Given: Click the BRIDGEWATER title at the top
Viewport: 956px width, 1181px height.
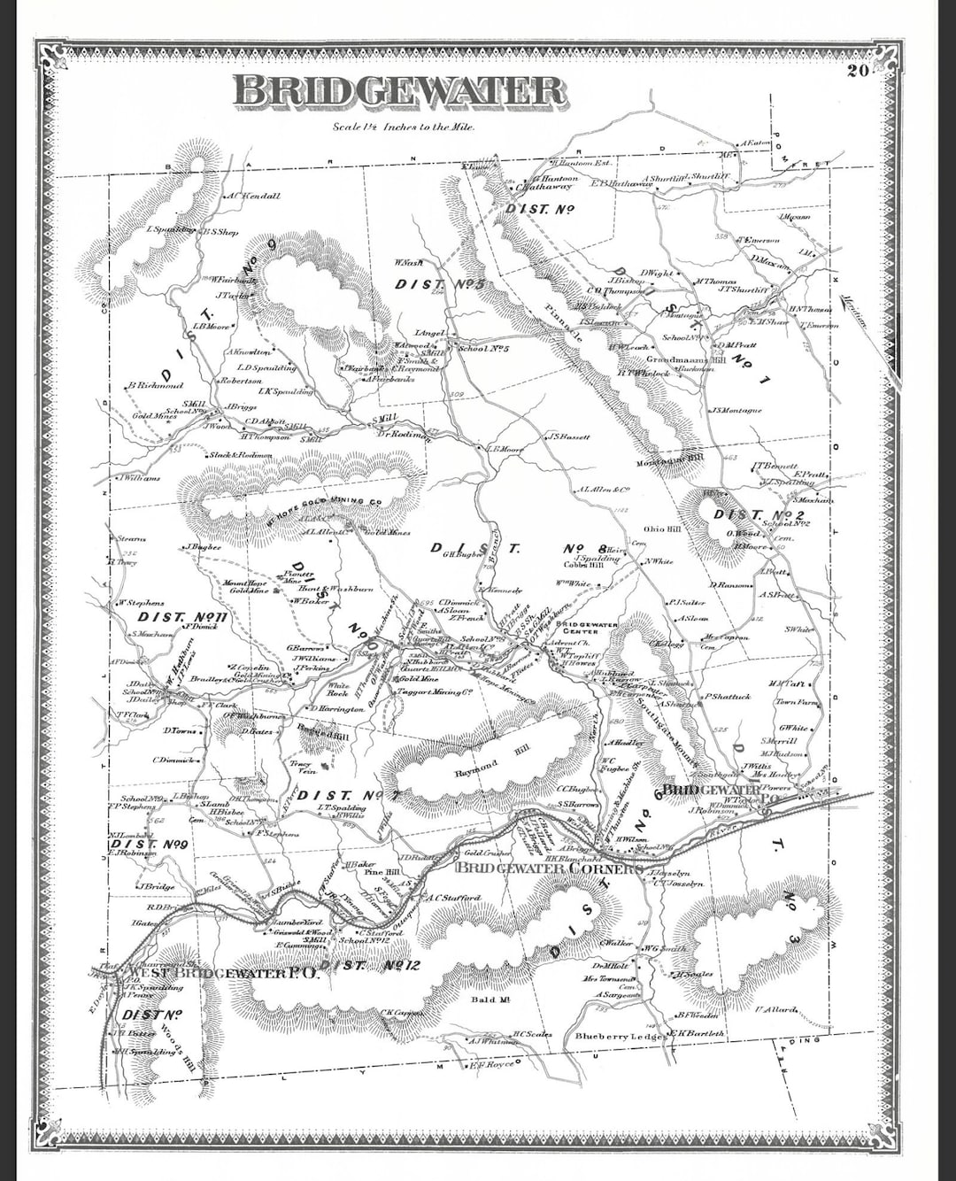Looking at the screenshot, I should [x=399, y=92].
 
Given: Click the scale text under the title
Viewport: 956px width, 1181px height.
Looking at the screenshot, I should [x=404, y=127].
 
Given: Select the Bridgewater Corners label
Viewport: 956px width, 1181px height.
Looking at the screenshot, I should [x=548, y=868].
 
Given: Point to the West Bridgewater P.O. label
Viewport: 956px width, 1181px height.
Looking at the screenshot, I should [x=222, y=972].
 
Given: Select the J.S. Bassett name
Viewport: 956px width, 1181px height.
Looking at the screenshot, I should [x=568, y=436].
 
